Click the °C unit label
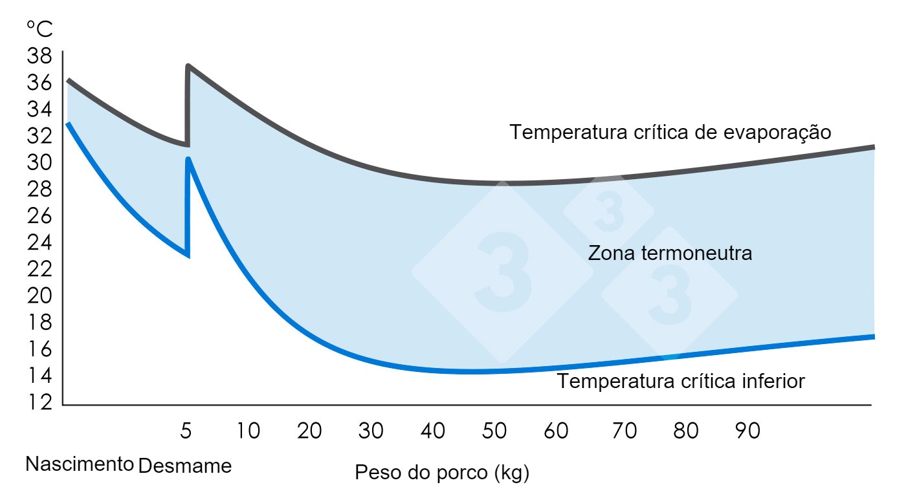39,29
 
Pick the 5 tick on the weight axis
186,431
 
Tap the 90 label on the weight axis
747,431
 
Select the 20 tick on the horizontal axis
309,431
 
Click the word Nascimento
80,464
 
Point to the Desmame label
185,465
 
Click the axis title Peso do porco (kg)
442,473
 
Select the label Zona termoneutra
670,253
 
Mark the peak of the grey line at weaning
188,66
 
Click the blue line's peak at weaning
188,158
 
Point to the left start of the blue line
68,123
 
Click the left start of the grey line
68,80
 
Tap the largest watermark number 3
503,272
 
